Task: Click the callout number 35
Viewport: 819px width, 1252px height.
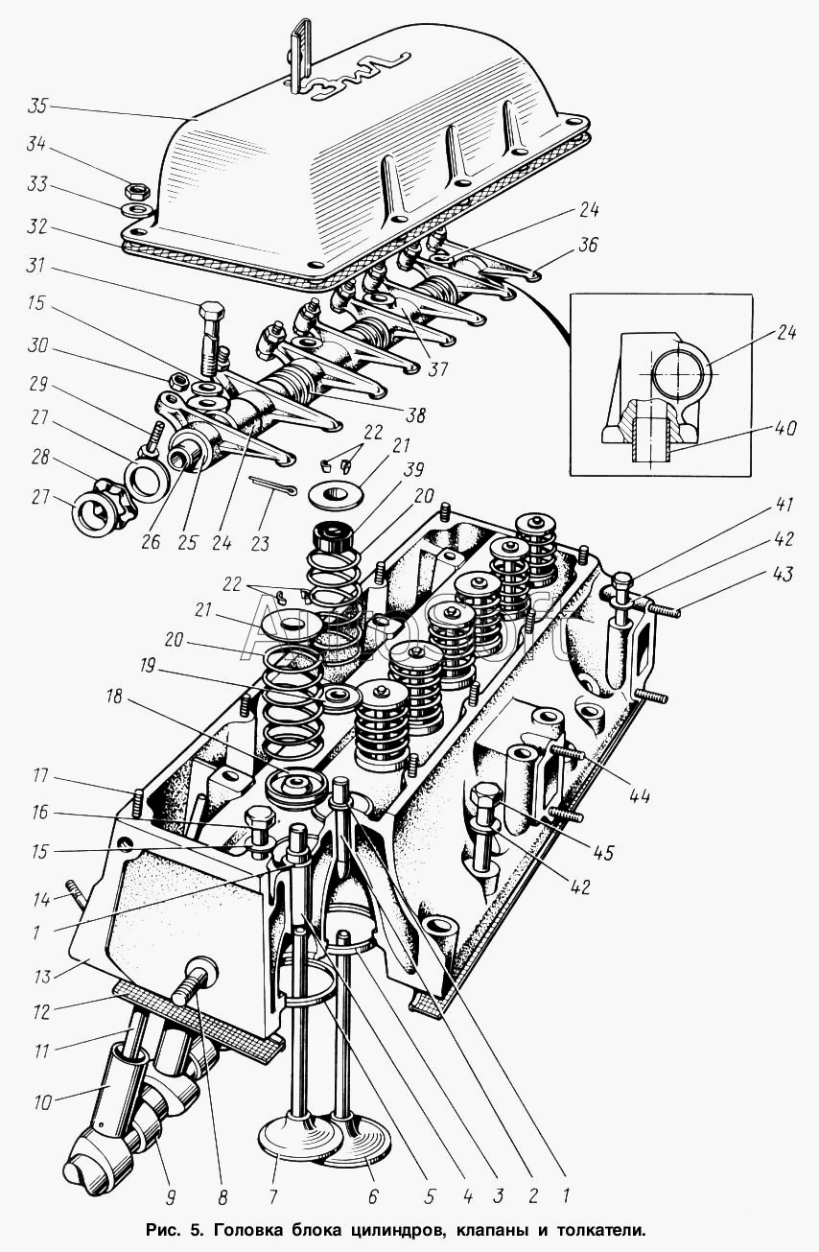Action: coord(40,105)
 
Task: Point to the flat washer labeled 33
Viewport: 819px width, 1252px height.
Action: coord(135,208)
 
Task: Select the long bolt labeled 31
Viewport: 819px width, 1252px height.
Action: coord(211,341)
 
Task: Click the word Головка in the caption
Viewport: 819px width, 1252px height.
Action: coord(261,1228)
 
